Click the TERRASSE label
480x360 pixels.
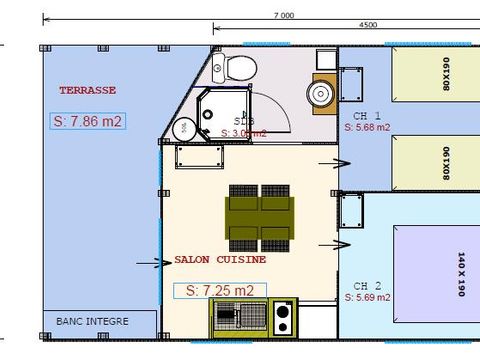tap(87, 90)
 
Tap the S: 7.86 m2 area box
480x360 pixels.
tap(87, 121)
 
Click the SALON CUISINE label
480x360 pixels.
tap(220, 259)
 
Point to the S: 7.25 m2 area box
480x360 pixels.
tap(220, 290)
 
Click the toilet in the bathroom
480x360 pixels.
tap(239, 68)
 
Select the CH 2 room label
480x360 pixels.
tap(358, 285)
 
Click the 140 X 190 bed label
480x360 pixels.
tap(461, 273)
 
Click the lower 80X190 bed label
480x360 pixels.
tap(445, 164)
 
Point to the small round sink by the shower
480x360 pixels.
tap(184, 128)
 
